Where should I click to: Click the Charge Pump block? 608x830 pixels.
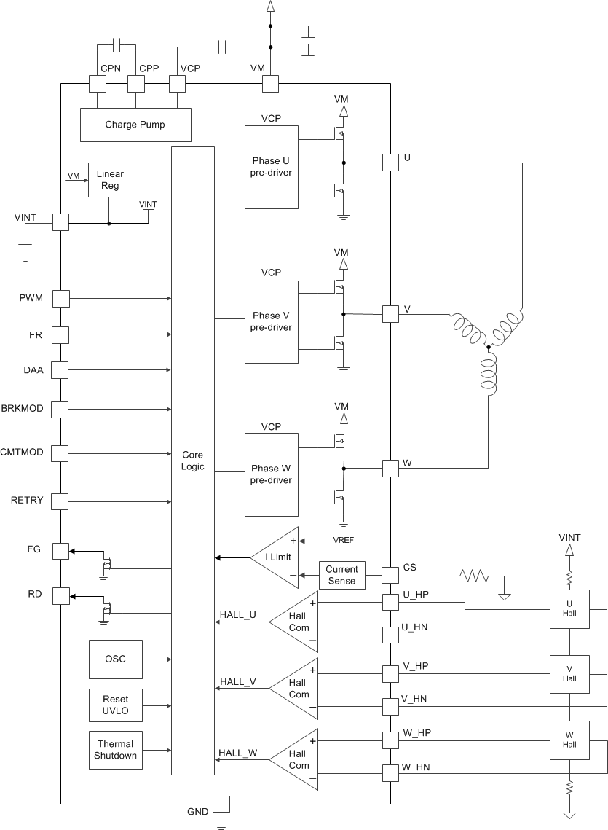135,125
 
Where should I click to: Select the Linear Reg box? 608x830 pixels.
108,180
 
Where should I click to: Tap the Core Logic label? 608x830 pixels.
193,460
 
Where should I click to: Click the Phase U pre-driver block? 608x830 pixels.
272,167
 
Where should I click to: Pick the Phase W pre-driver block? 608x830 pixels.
272,474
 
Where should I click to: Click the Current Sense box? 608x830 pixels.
341,575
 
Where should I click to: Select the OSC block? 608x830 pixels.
115,659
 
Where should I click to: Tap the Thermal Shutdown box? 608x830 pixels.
115,750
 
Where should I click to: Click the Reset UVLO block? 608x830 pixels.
115,705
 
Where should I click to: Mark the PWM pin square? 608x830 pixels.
60,298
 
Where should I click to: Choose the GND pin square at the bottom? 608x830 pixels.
220,804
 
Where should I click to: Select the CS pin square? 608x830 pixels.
391,575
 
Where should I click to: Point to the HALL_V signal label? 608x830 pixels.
237,682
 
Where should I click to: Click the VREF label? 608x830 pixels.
345,541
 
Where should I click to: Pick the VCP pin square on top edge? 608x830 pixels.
178,84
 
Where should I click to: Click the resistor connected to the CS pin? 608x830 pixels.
473,576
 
